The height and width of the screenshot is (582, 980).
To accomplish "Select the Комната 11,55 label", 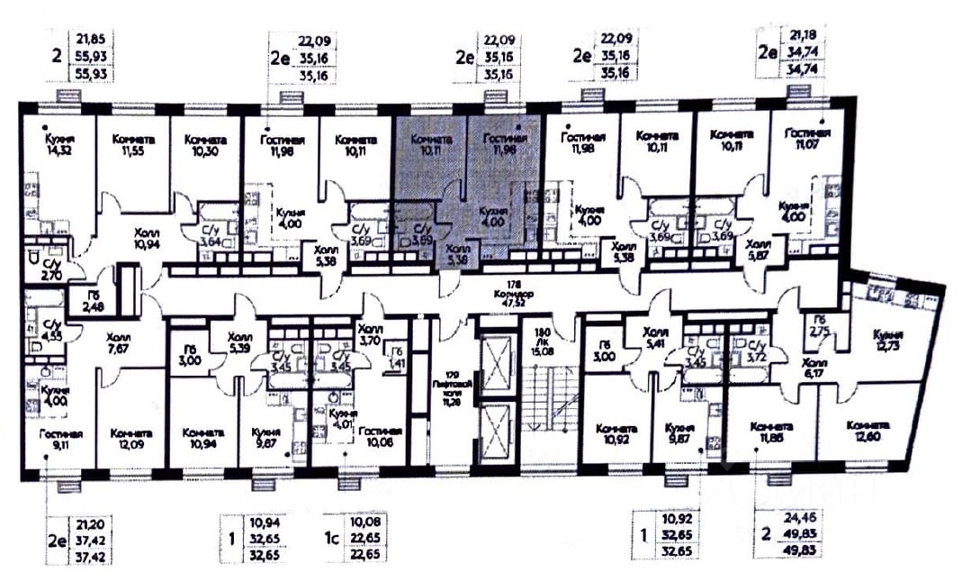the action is coord(133,146).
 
